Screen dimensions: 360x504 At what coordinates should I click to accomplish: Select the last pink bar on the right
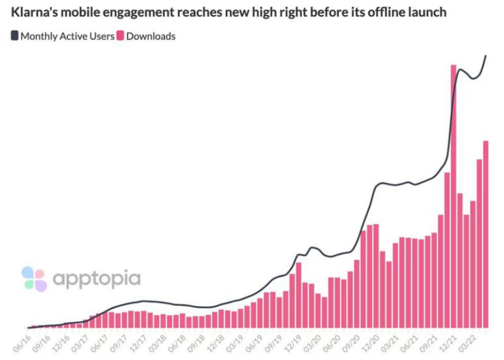[486, 234]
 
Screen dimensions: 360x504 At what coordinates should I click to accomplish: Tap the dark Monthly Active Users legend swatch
[15, 36]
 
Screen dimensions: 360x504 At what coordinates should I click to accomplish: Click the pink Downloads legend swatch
[120, 36]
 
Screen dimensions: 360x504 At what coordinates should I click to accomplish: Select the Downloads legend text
[151, 36]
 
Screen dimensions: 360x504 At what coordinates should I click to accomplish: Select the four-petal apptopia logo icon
[34, 279]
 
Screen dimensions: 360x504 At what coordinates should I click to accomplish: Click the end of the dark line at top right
[486, 56]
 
